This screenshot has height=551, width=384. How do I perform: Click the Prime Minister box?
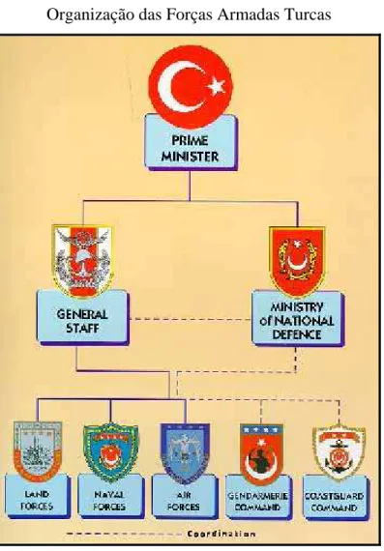[x=191, y=142]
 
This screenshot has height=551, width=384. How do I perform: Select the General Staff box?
[x=83, y=317]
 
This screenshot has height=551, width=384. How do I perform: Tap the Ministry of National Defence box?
[x=298, y=319]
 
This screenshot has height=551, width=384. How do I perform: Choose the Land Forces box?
[x=38, y=496]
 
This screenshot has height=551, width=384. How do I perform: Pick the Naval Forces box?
[x=111, y=497]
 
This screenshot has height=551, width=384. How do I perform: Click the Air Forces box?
[x=185, y=497]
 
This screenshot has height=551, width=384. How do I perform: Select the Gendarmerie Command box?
[x=258, y=498]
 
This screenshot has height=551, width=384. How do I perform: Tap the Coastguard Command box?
[x=336, y=498]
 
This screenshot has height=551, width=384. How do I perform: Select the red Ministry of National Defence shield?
[x=297, y=261]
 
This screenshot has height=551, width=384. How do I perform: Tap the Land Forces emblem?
[x=38, y=449]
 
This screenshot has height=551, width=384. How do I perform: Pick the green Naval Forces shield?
[x=110, y=451]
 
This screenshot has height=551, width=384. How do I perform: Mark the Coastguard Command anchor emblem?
[x=339, y=452]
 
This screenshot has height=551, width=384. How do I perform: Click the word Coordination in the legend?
[x=222, y=535]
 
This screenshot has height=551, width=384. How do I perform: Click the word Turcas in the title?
[x=309, y=14]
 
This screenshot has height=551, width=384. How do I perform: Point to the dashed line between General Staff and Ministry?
[x=191, y=319]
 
